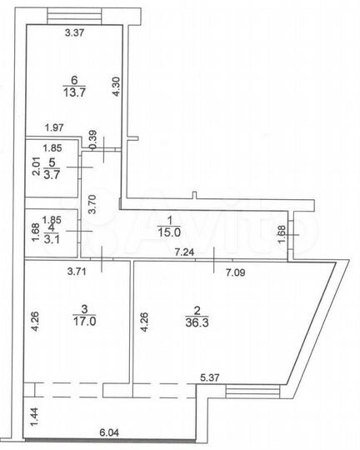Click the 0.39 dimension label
(93, 137)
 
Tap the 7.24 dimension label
(183, 250)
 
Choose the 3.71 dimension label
(77, 269)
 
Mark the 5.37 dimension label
(210, 377)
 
